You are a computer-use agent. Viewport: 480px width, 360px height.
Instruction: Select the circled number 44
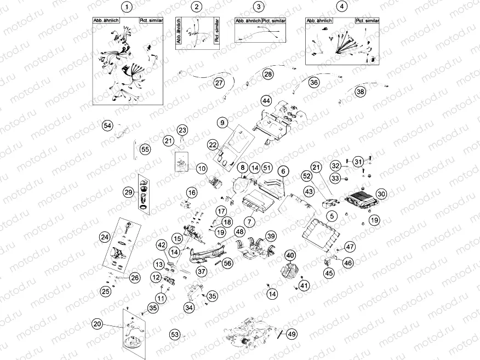coord(266,101)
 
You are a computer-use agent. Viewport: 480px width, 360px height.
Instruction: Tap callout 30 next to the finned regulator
coord(381,193)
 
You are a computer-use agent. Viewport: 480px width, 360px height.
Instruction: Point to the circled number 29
coord(128,192)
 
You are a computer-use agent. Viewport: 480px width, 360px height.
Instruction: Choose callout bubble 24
coord(104,237)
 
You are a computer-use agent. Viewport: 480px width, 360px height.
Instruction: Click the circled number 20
coord(98,324)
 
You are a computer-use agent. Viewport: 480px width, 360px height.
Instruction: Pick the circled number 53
coord(175,334)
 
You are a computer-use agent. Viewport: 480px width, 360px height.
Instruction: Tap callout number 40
coord(290,255)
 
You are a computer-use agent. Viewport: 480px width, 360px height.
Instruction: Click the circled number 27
coord(219,83)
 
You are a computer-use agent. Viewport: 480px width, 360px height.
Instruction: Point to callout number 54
coord(108,126)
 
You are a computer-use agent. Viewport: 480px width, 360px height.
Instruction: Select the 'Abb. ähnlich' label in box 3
coord(247,21)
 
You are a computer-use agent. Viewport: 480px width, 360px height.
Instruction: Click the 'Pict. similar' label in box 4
coord(367,21)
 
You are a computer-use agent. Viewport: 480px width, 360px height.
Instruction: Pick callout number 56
coord(227,262)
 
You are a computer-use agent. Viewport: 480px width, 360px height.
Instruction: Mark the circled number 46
coord(348,264)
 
